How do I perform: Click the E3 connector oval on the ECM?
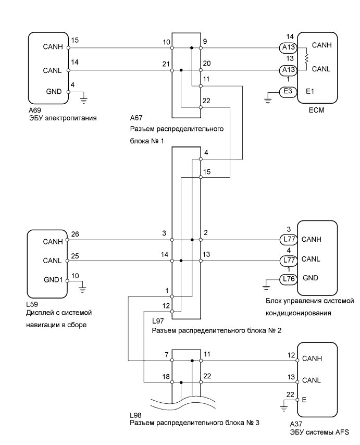288,91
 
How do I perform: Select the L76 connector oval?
288,279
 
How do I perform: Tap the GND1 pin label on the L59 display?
53,279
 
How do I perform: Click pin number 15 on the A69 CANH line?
75,40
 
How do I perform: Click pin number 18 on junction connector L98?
165,376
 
